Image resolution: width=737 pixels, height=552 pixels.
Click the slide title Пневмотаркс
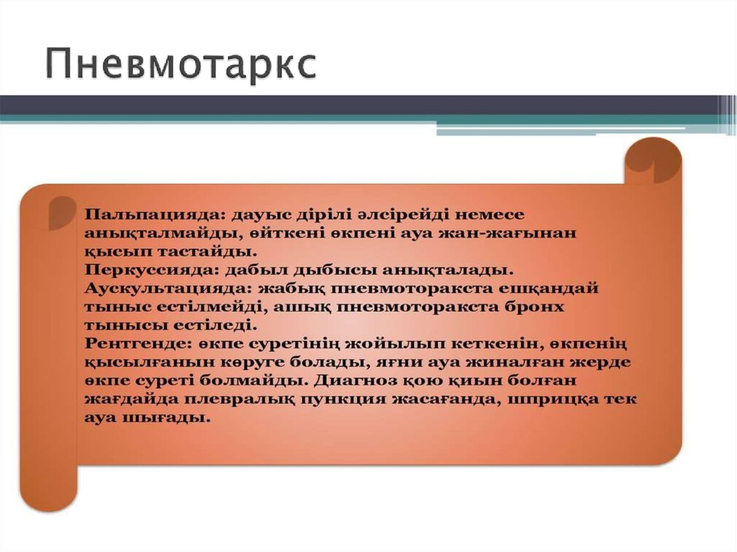click(181, 65)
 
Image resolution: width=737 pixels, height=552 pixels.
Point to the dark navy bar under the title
click(360, 105)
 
